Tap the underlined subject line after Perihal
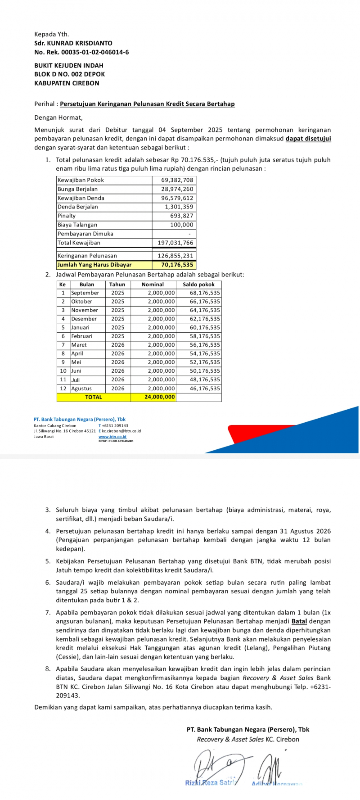[147, 104]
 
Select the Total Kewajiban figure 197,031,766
[175, 243]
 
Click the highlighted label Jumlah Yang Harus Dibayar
[94, 265]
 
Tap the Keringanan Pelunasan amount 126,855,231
[175, 256]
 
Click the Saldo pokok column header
[198, 285]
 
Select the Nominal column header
[153, 285]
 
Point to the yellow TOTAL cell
[94, 397]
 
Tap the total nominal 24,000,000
[160, 397]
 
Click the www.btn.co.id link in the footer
[112, 437]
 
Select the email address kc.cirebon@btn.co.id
[121, 431]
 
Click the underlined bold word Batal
[299, 621]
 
